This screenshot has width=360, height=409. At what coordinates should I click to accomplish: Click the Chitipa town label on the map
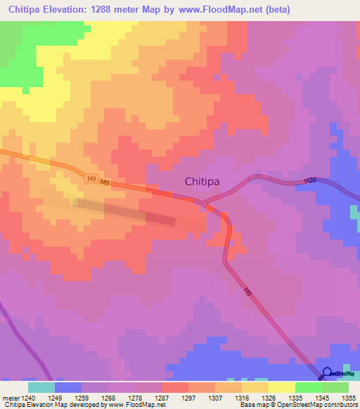coord(202,181)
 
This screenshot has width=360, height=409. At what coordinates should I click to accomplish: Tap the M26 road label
coord(310,182)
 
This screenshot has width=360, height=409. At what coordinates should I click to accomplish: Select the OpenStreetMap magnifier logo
coord(326,373)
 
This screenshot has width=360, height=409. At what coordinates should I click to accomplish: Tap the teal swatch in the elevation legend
coord(41,387)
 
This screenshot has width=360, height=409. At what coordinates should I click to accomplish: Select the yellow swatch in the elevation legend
coord(281,387)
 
